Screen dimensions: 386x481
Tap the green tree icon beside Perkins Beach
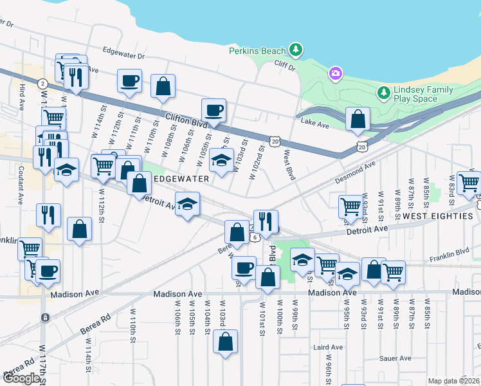click(x=295, y=50)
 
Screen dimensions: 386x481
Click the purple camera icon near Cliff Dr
click(x=334, y=74)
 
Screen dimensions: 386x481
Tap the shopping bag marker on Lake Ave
click(x=357, y=119)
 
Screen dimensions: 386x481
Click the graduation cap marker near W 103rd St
click(x=222, y=160)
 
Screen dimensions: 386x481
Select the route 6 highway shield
click(x=255, y=237)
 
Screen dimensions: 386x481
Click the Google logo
click(x=21, y=378)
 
